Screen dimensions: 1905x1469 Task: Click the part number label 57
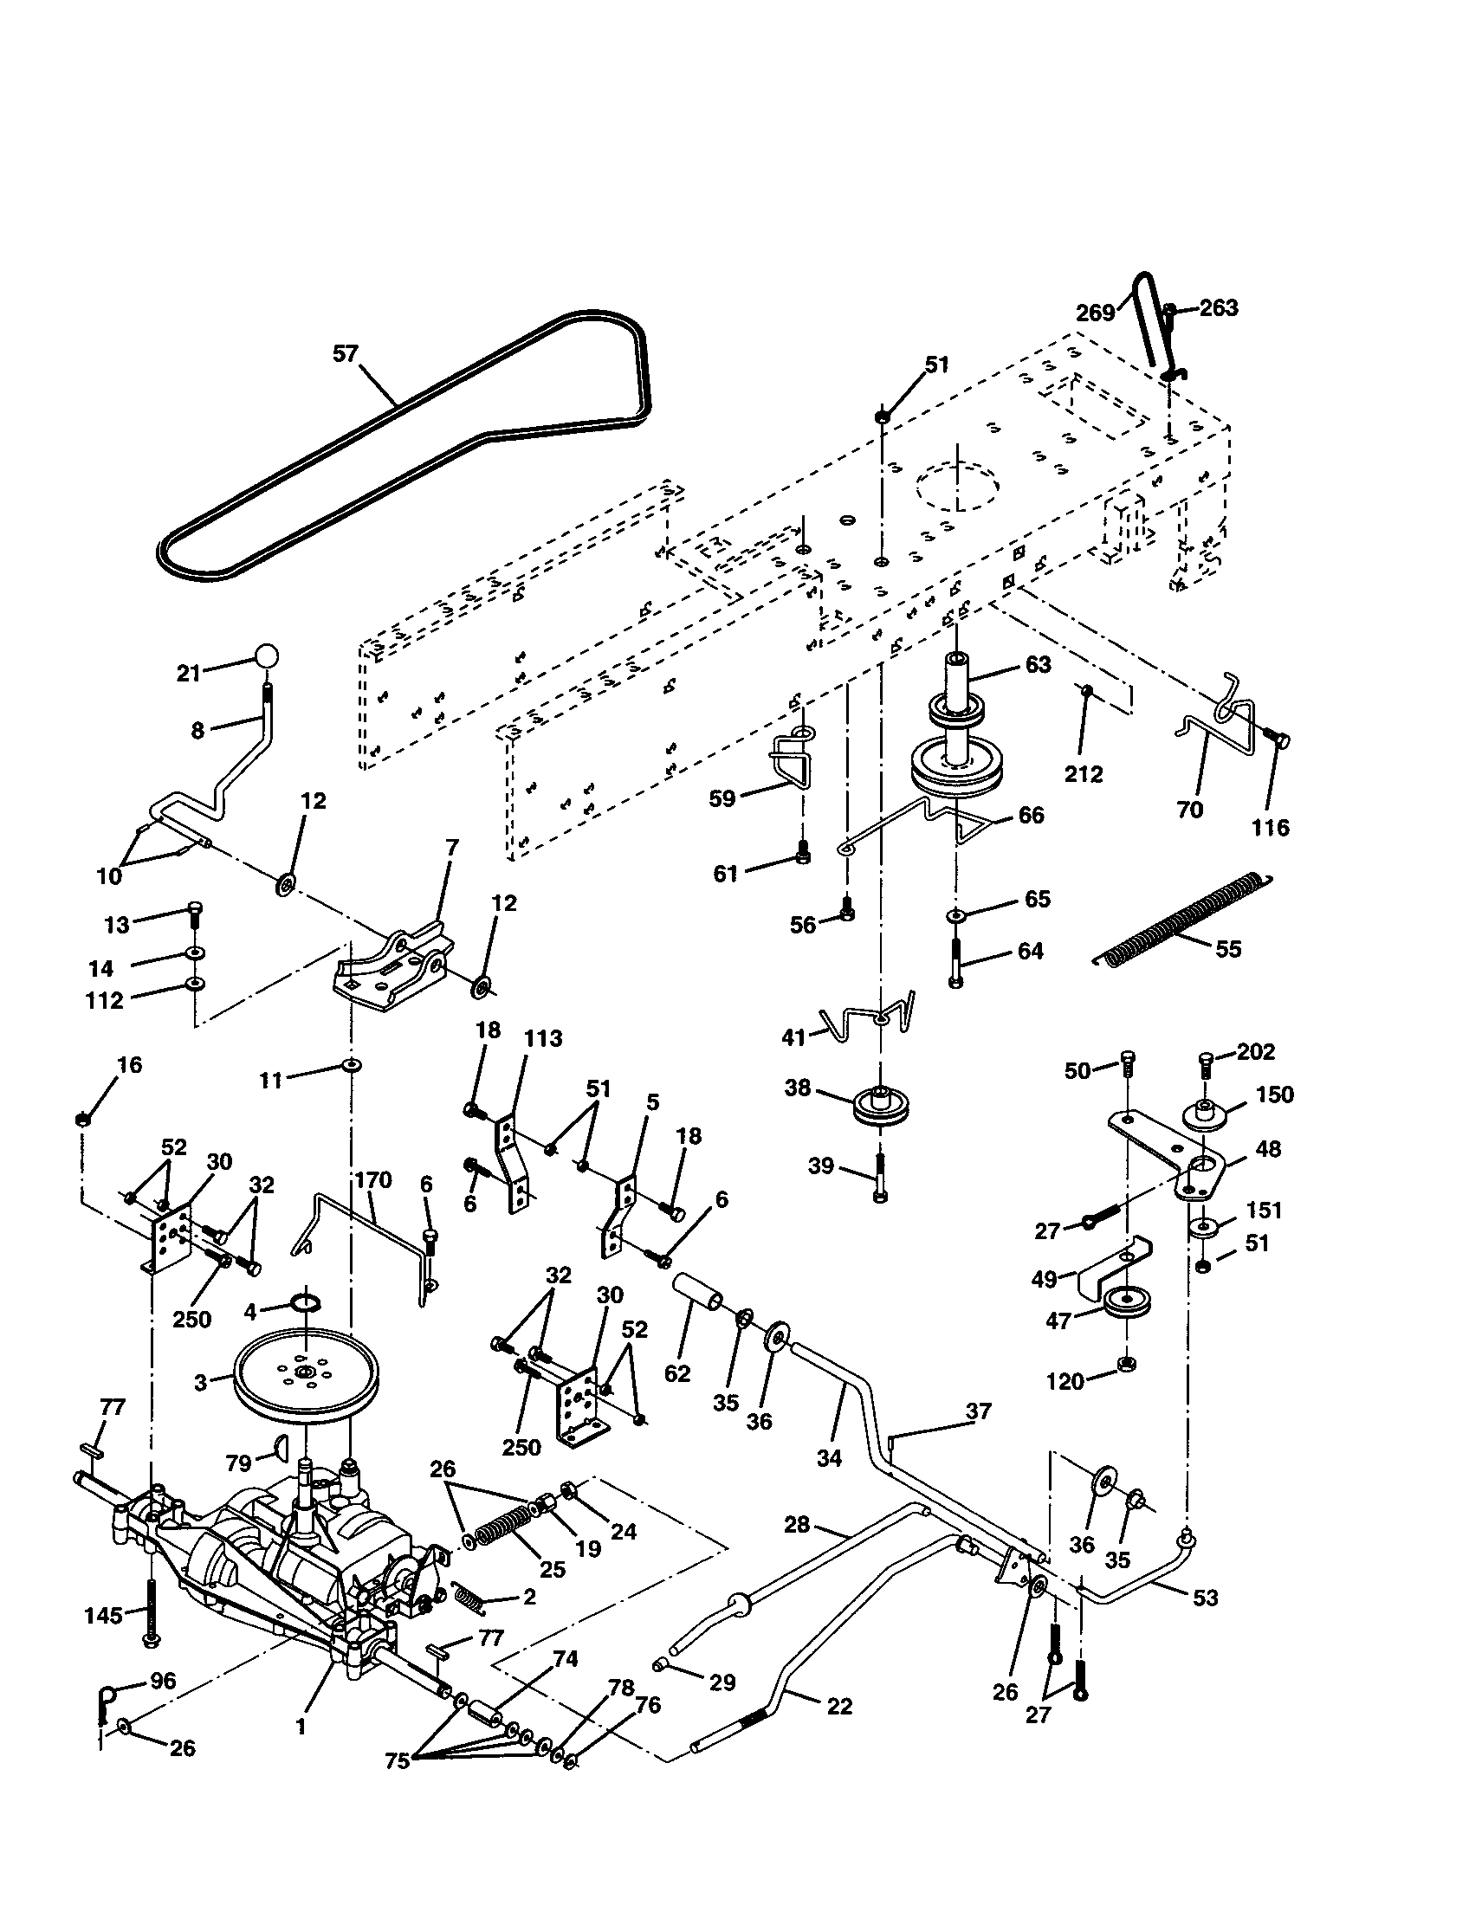(346, 353)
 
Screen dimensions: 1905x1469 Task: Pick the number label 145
(103, 1616)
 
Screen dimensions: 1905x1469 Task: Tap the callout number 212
(1084, 773)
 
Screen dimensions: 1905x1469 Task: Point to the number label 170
(373, 1180)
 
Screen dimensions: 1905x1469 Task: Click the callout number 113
(542, 1039)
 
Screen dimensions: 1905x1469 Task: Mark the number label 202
(1255, 1051)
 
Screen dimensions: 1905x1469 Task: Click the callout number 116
(1270, 827)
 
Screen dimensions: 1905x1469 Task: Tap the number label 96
(164, 1681)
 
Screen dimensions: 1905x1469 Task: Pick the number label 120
(1065, 1381)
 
